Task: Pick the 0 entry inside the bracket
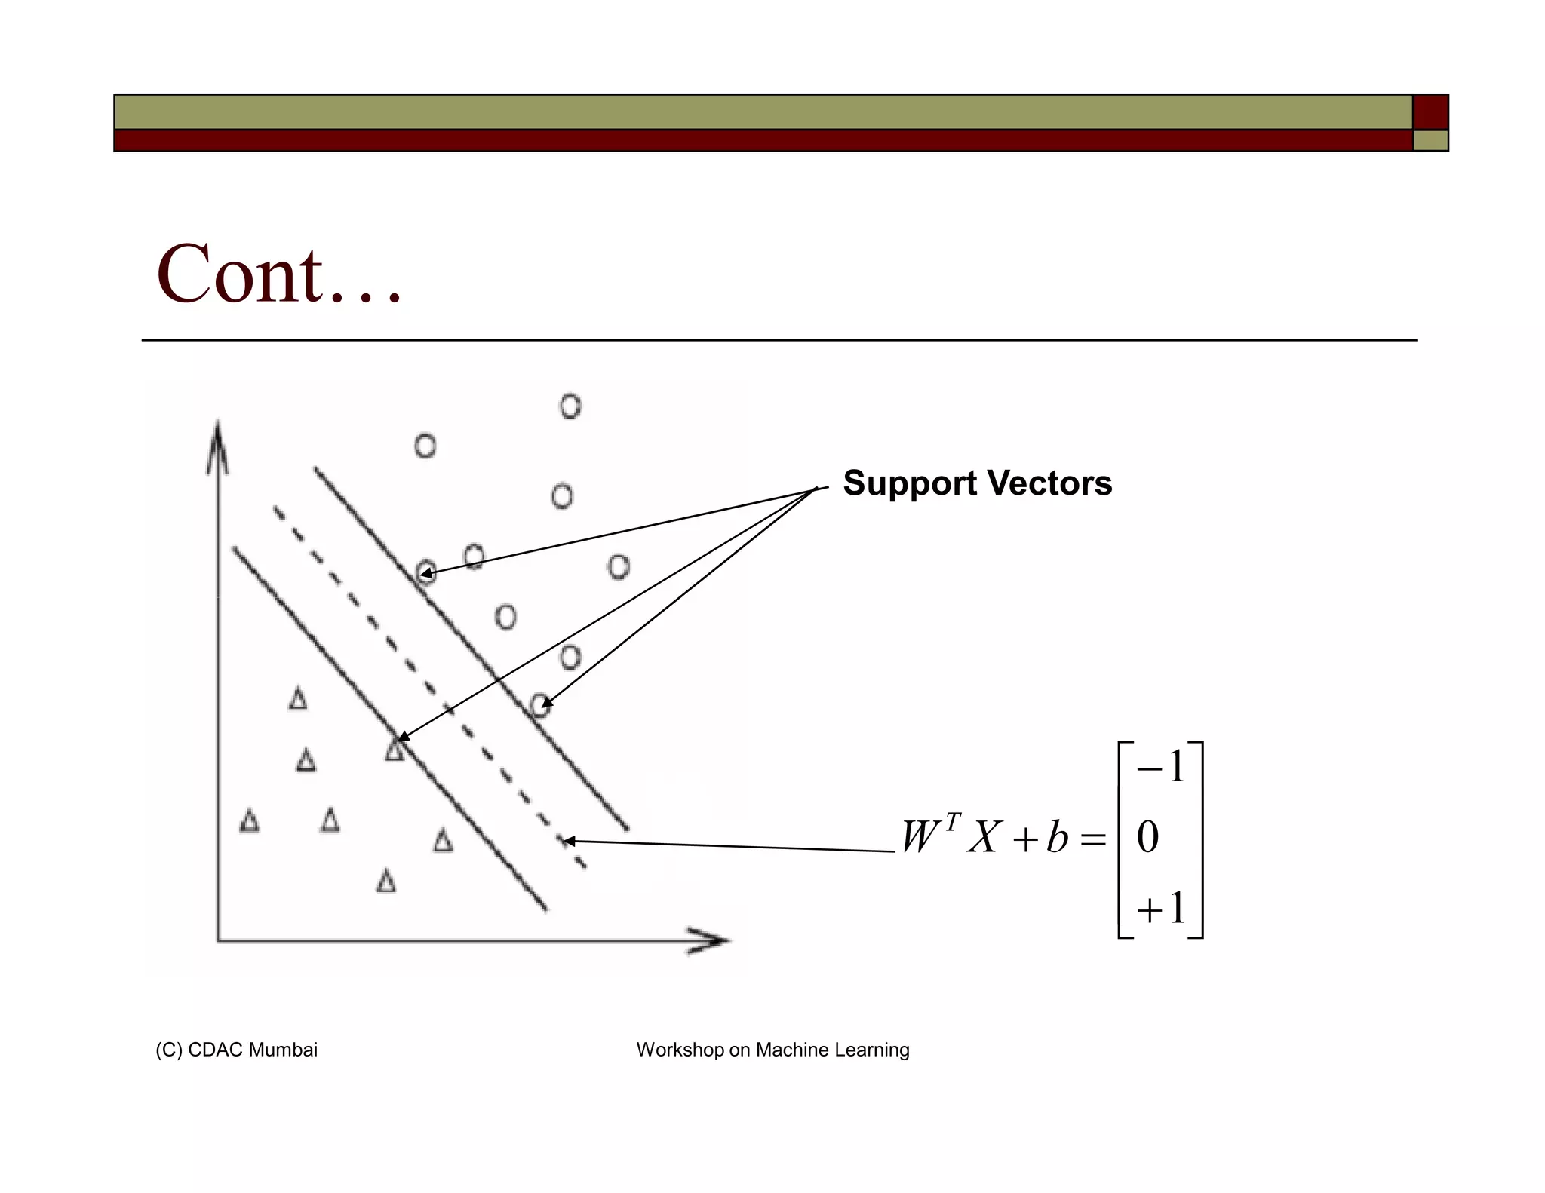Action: [1147, 838]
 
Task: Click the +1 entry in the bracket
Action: [1160, 909]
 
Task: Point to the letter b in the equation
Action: [1057, 838]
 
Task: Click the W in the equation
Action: [920, 838]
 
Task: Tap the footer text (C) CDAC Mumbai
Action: [236, 1050]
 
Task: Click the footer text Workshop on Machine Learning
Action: [772, 1050]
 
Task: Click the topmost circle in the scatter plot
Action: [570, 406]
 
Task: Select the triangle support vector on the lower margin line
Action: [394, 750]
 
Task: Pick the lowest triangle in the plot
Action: [386, 881]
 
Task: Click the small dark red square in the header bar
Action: [1430, 112]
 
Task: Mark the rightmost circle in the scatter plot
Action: [619, 566]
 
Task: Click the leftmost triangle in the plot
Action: [250, 820]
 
